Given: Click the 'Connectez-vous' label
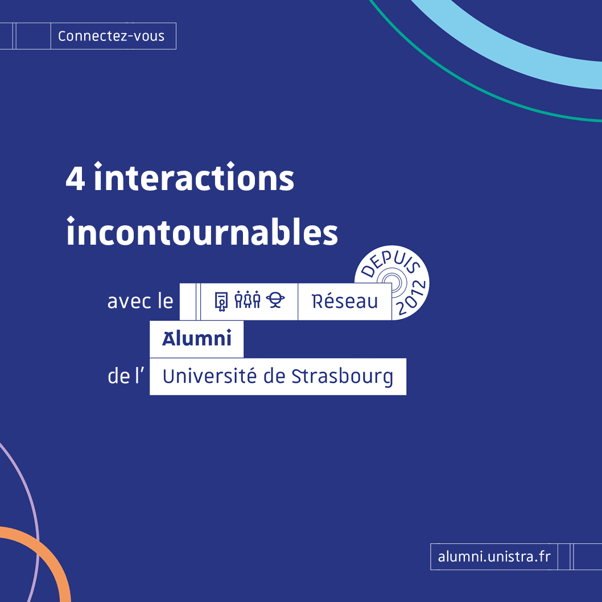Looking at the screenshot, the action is [x=112, y=36].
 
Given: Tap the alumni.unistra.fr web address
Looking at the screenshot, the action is [x=494, y=556].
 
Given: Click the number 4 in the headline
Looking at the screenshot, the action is [x=75, y=178].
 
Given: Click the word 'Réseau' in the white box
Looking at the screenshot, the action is [x=345, y=302].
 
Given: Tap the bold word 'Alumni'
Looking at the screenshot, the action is [x=196, y=338].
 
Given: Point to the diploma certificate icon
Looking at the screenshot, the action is [x=221, y=302].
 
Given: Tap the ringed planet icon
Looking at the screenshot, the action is [x=275, y=300].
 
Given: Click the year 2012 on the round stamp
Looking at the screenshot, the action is [x=411, y=298].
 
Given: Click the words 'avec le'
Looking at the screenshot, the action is [x=140, y=302].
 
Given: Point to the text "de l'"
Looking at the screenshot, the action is [x=126, y=376].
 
